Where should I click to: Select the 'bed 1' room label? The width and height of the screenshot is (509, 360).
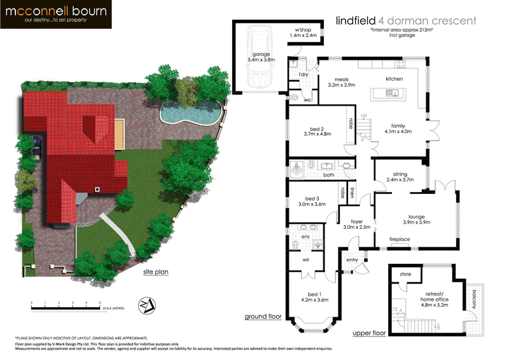click(x=314, y=294)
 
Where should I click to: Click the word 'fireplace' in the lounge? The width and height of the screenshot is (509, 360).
click(x=400, y=239)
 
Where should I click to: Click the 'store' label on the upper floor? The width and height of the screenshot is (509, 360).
click(x=405, y=275)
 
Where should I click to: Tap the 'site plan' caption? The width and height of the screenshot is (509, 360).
click(x=155, y=273)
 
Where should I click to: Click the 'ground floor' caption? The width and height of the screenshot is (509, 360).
click(x=263, y=316)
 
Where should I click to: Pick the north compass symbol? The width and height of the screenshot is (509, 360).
click(x=148, y=306)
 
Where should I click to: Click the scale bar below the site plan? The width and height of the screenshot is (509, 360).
click(x=64, y=308)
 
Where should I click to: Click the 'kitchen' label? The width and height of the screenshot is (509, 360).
click(x=394, y=78)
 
